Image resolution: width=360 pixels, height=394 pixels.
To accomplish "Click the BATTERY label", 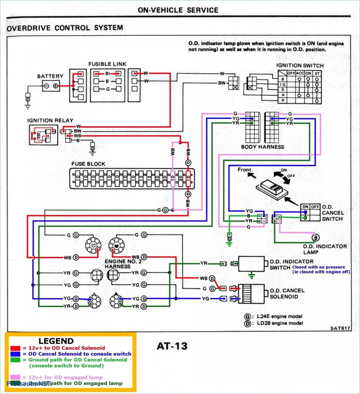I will [50, 77].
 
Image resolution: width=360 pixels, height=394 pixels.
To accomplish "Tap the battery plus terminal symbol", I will [56, 86].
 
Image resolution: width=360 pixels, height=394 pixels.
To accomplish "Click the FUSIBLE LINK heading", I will [107, 64].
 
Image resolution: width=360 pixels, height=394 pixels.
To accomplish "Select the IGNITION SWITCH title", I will [300, 66].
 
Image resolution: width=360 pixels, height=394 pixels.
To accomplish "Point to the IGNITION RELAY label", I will [50, 120].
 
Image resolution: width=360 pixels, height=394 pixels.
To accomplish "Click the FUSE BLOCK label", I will [88, 164].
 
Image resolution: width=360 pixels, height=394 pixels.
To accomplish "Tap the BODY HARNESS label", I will [263, 147].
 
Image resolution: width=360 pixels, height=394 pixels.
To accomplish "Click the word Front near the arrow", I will [244, 170].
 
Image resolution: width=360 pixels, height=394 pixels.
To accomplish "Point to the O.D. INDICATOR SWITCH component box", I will [251, 264].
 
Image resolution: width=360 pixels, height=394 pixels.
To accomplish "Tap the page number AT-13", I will [172, 346].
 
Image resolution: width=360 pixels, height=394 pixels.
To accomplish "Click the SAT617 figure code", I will [339, 328].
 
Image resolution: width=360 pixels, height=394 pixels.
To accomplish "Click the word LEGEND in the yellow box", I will [56, 341].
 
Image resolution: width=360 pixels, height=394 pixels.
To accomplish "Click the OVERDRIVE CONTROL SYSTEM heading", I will [65, 28].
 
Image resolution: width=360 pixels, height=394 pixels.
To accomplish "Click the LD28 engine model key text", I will [280, 323].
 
